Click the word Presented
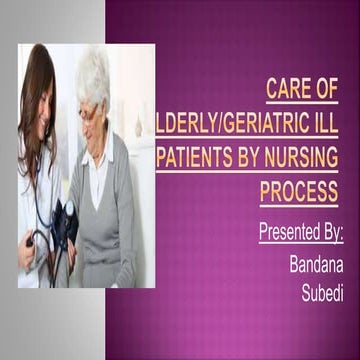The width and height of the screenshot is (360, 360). (x=284, y=233)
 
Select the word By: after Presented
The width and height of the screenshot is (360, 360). (x=328, y=233)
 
